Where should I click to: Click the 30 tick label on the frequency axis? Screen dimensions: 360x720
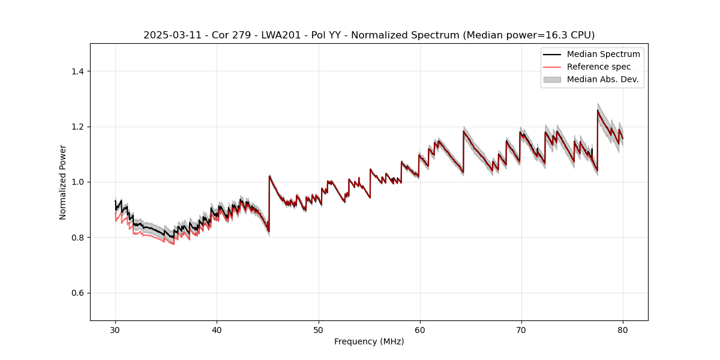coord(115,329)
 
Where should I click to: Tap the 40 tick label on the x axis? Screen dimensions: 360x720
coord(217,329)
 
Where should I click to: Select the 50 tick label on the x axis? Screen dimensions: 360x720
coord(318,329)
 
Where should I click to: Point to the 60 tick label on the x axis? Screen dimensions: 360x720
coord(419,329)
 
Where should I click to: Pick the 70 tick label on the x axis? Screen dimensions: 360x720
coord(521,329)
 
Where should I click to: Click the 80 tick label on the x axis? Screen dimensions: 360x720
coord(622,329)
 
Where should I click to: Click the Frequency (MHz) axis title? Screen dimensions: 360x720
coord(369,341)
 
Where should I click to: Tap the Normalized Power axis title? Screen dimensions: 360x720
coord(63,182)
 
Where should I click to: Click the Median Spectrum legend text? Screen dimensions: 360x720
coord(603,54)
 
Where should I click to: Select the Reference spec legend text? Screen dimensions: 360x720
coord(599,67)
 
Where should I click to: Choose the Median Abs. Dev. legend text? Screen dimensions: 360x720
coord(602,79)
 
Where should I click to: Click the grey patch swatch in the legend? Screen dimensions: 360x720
coord(552,79)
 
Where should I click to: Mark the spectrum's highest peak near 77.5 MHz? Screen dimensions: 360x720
coord(598,110)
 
